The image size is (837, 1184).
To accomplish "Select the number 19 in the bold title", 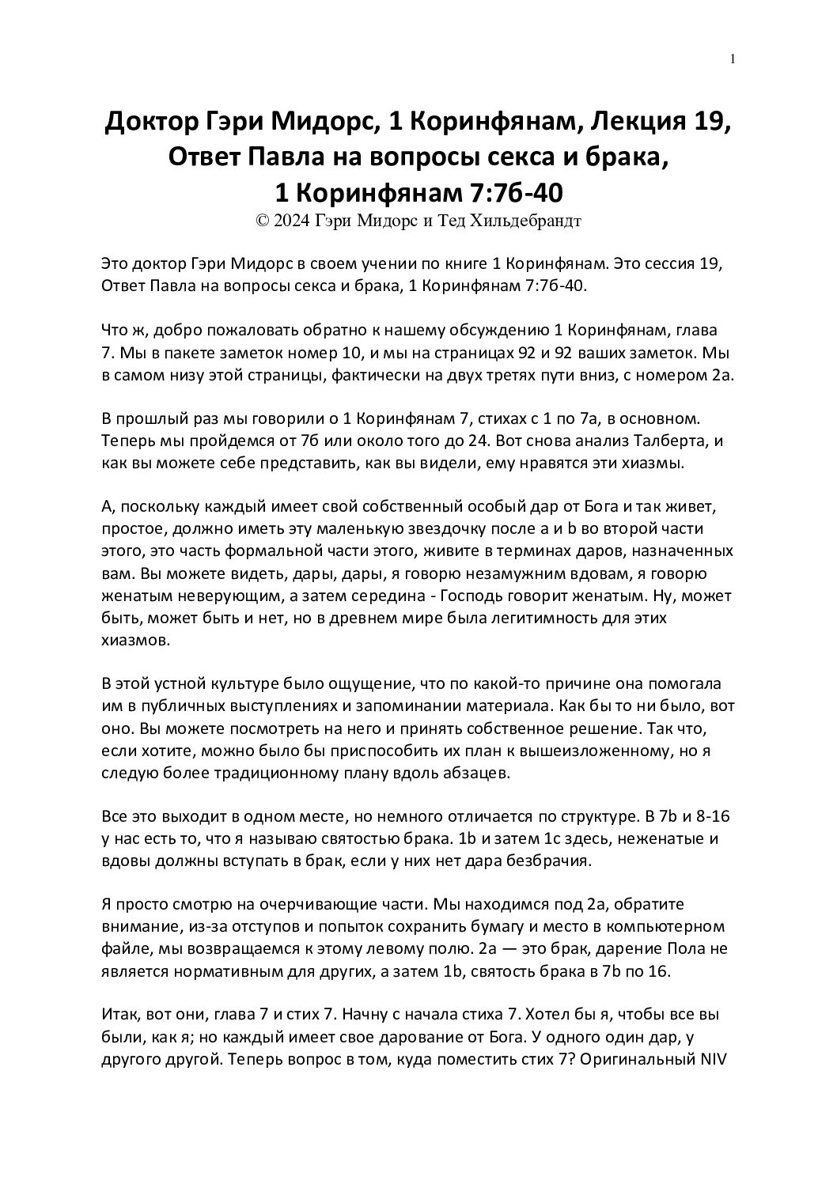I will pyautogui.click(x=709, y=123).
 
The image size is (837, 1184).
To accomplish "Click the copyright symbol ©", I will pyautogui.click(x=263, y=221).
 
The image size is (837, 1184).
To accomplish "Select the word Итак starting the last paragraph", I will pyautogui.click(x=120, y=1014).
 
